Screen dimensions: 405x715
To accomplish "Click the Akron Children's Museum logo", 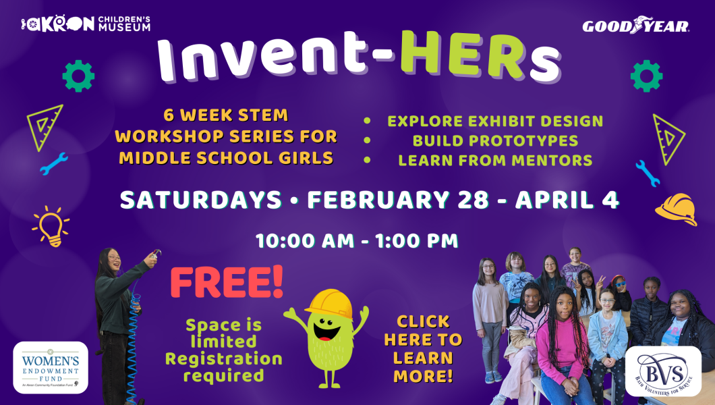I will [x=85, y=24].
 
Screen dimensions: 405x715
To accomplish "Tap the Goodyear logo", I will [x=635, y=26].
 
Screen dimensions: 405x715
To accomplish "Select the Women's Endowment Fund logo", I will [x=51, y=367].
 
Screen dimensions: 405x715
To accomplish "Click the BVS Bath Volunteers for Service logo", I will [x=662, y=371].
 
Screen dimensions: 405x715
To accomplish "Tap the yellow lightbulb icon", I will [x=51, y=226].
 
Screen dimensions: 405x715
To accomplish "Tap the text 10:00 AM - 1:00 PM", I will [x=357, y=240].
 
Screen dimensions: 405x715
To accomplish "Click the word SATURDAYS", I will [x=200, y=200].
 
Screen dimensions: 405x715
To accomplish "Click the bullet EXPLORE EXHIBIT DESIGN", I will [x=495, y=122].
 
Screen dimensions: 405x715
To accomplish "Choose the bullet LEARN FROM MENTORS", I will [x=495, y=161].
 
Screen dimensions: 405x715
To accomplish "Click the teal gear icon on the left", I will [x=78, y=76].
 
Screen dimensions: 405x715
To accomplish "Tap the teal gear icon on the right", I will [x=646, y=76].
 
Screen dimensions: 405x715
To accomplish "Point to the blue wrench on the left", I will [x=54, y=163].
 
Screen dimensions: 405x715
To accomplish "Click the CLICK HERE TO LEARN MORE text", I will [x=423, y=349].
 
